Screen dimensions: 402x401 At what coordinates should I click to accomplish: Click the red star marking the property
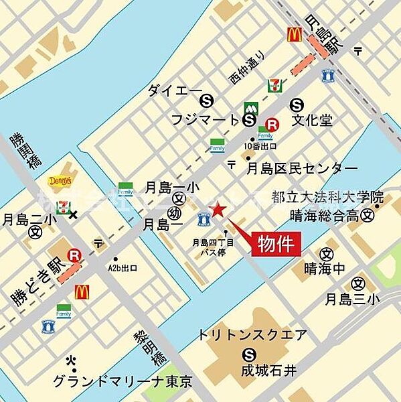coord(216,209)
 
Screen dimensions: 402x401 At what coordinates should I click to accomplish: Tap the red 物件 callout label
coord(276,243)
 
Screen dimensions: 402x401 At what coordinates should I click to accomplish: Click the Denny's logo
coord(58,181)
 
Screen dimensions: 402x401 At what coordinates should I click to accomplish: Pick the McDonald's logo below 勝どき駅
coord(82,291)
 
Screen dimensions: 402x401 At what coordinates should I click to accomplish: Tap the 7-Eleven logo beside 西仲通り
coord(273,85)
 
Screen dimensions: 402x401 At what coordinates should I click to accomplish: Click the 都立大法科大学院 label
coord(328,198)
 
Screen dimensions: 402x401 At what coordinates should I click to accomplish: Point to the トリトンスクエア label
coord(253,335)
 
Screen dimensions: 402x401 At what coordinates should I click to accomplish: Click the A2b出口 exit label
coord(123,268)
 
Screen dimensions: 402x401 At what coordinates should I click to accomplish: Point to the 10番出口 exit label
coord(261,145)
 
